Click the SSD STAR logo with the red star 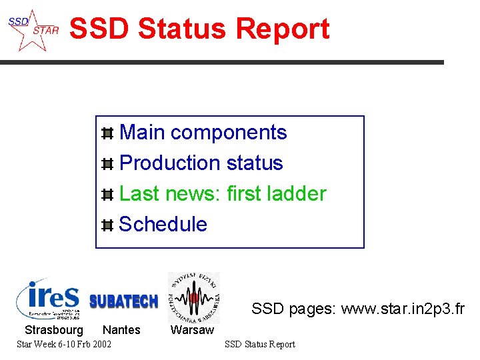click(33, 30)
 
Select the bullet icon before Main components click(107, 133)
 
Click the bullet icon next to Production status click(107, 164)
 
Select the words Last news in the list click(169, 194)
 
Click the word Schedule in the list click(163, 225)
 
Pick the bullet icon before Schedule click(107, 225)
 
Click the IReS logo click(49, 298)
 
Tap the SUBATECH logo click(123, 301)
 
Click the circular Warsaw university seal click(193, 297)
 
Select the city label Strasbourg click(54, 330)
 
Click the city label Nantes click(121, 330)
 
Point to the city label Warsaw click(193, 330)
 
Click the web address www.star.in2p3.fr click(403, 309)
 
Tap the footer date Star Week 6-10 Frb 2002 click(64, 344)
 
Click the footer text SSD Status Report click(259, 344)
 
